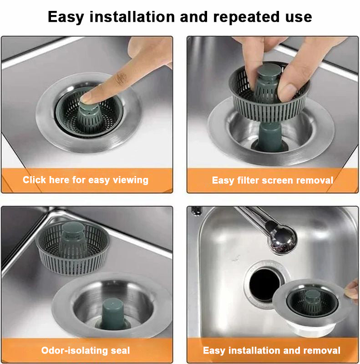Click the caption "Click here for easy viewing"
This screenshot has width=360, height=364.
click(86, 180)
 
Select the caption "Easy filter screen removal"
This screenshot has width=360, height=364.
click(272, 180)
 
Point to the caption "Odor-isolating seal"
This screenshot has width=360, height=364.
click(86, 350)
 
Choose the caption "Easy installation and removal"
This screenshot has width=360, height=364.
click(272, 350)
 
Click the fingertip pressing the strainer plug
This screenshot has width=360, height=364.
click(89, 96)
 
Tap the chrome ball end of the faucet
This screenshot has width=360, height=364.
click(282, 239)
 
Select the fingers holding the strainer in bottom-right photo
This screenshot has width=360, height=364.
click(351, 292)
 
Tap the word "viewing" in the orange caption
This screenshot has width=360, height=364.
click(131, 180)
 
